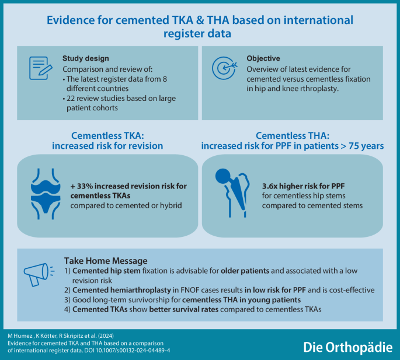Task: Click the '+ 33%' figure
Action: [83, 186]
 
